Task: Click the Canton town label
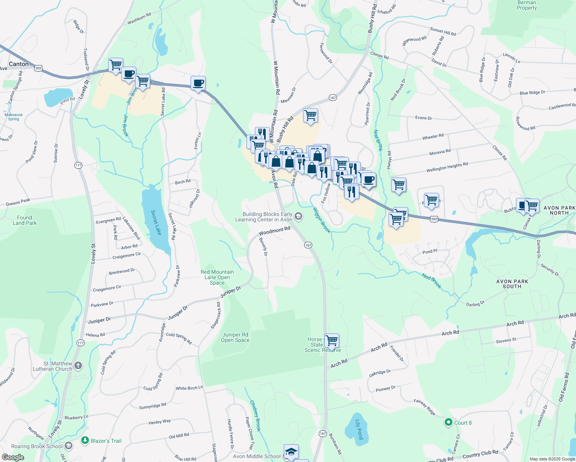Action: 18,64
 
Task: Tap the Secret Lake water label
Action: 156,223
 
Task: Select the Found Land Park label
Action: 25,220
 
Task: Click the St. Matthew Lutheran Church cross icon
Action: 78,366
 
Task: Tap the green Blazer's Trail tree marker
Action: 85,440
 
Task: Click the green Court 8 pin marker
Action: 448,423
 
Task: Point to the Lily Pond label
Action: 359,430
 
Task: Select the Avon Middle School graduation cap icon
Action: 291,452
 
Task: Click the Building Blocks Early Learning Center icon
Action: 298,217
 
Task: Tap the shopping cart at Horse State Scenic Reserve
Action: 332,341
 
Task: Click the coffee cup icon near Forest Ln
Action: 198,83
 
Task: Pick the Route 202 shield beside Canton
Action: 38,68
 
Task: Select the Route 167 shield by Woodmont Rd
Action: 308,245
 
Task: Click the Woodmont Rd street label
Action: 274,231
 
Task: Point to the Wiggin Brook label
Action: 321,220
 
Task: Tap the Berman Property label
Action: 527,5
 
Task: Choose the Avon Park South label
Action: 512,284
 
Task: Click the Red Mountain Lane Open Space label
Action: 217,277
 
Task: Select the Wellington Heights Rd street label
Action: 447,167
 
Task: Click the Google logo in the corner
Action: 13,457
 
